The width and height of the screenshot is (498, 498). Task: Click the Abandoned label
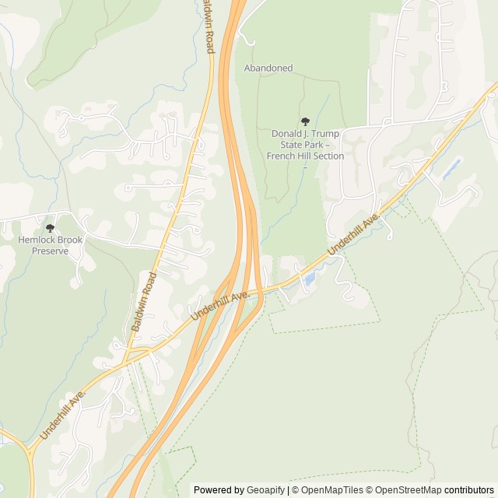pyautogui.click(x=268, y=68)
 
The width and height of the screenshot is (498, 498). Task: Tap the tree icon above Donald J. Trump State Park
pyautogui.click(x=305, y=121)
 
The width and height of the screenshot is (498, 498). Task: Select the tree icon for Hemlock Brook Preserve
pyautogui.click(x=51, y=228)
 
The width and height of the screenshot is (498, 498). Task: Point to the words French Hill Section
pyautogui.click(x=305, y=156)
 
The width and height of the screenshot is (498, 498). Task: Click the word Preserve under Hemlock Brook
pyautogui.click(x=51, y=251)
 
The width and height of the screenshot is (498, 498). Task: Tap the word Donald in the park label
pyautogui.click(x=286, y=134)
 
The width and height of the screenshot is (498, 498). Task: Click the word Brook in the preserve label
pyautogui.click(x=69, y=240)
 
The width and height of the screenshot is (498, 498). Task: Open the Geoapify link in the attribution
pyautogui.click(x=267, y=490)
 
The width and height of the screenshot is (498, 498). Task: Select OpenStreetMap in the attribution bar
pyautogui.click(x=407, y=490)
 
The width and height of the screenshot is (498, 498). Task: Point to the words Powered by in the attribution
pyautogui.click(x=219, y=490)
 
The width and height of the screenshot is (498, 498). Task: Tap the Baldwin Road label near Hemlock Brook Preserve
pyautogui.click(x=145, y=302)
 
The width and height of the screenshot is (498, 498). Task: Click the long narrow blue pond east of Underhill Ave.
pyautogui.click(x=452, y=167)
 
